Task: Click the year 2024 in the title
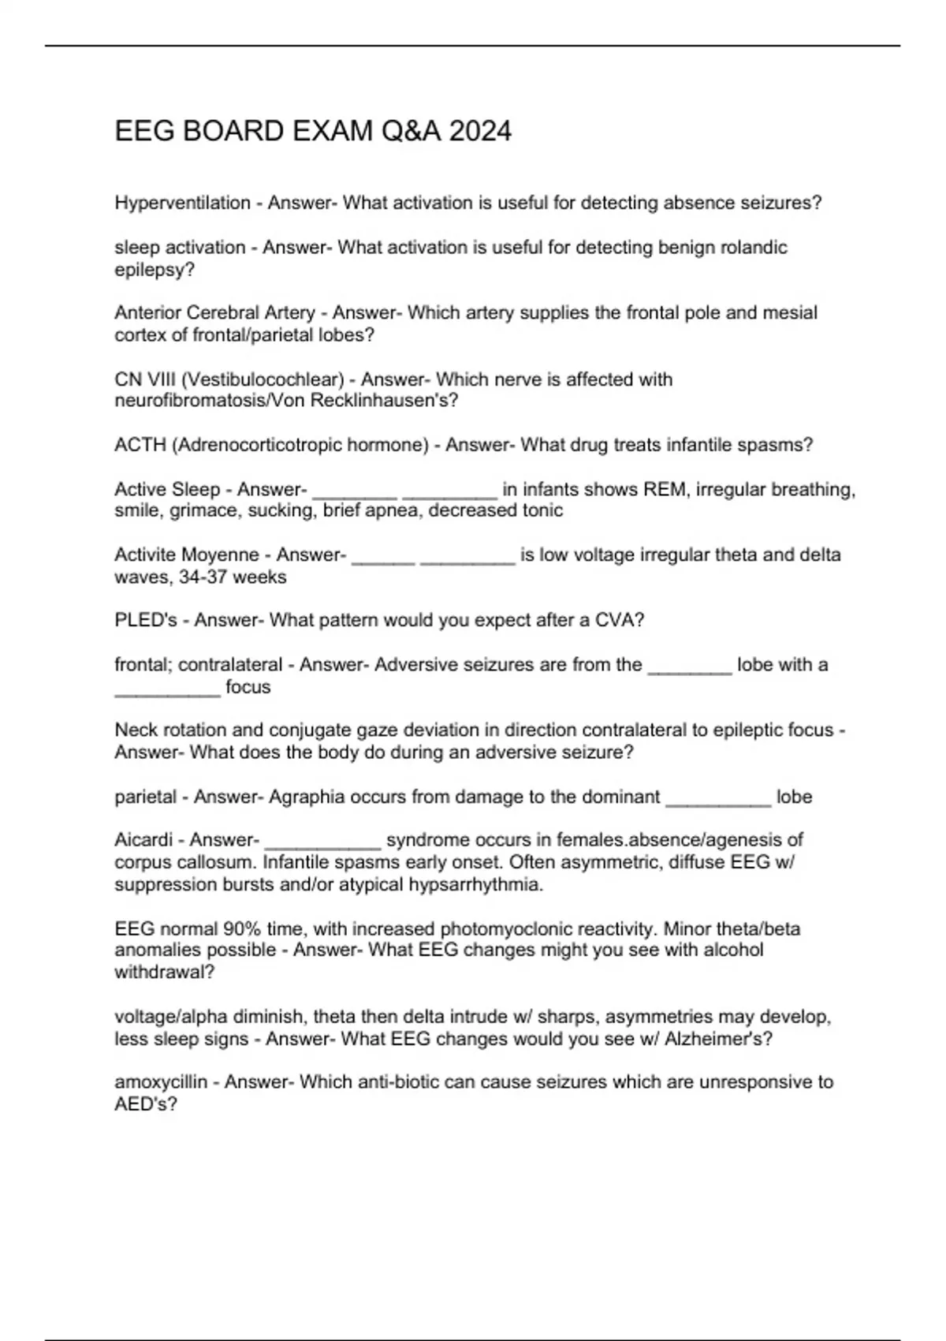tap(480, 131)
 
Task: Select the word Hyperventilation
tap(182, 203)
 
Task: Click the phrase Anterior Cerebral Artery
tap(214, 313)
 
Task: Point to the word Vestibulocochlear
tap(263, 379)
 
